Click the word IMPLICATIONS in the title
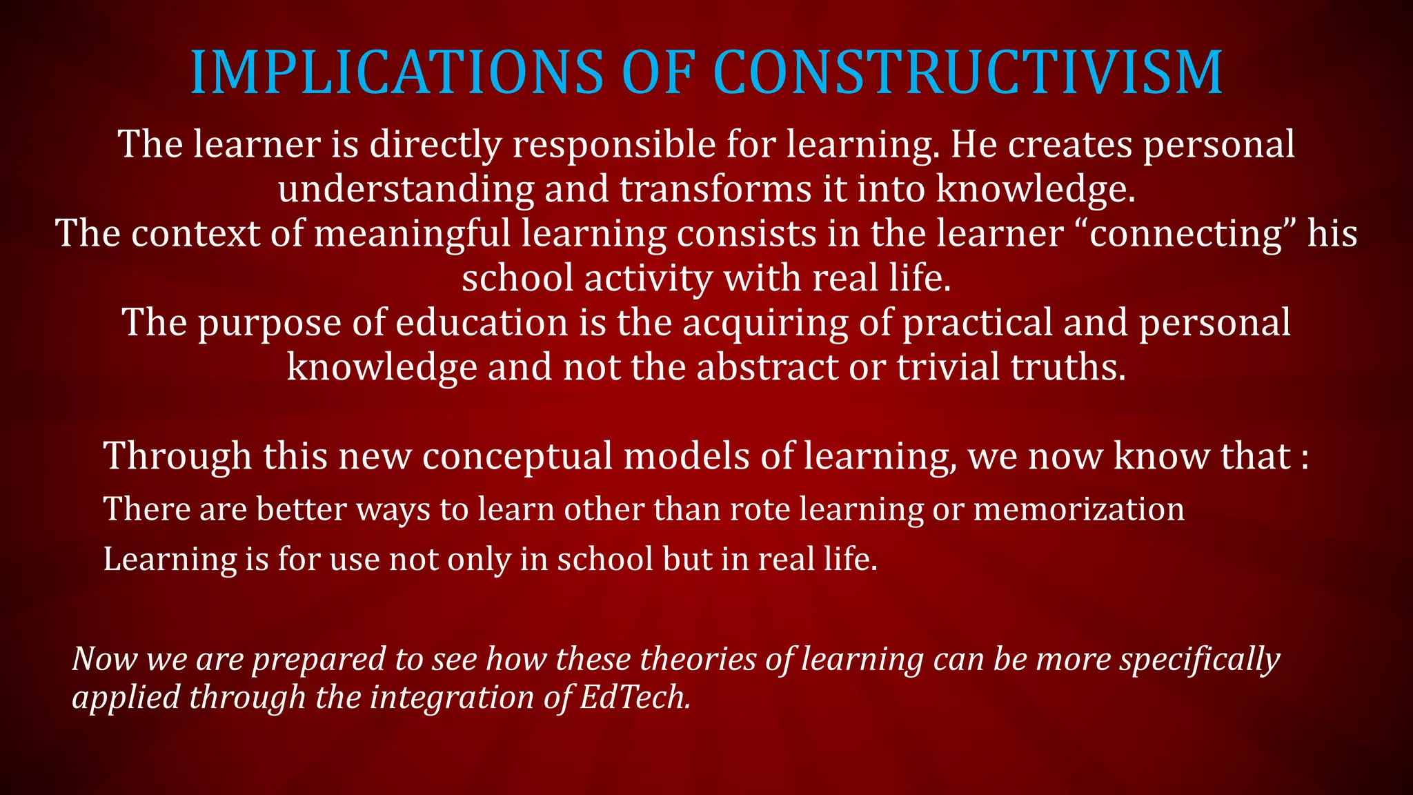(396, 72)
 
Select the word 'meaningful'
(413, 234)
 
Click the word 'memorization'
(1078, 509)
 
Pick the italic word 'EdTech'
(635, 697)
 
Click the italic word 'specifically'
(1200, 660)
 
